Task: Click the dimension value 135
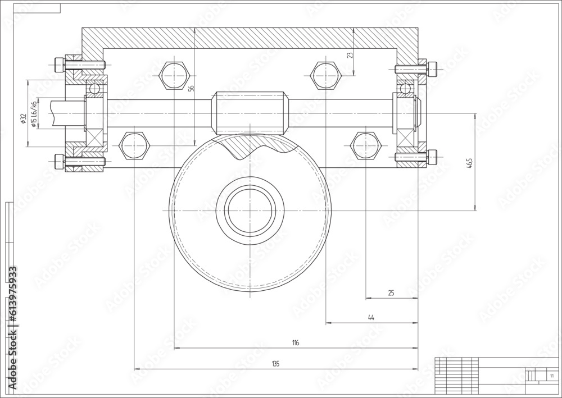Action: coord(275,364)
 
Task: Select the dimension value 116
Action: coord(296,342)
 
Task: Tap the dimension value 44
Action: coord(371,318)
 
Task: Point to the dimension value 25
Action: coord(391,293)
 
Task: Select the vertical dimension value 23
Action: coord(350,55)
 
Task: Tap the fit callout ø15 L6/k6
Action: coord(34,115)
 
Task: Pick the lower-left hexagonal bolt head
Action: coord(134,146)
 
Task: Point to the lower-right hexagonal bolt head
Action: coord(366,146)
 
